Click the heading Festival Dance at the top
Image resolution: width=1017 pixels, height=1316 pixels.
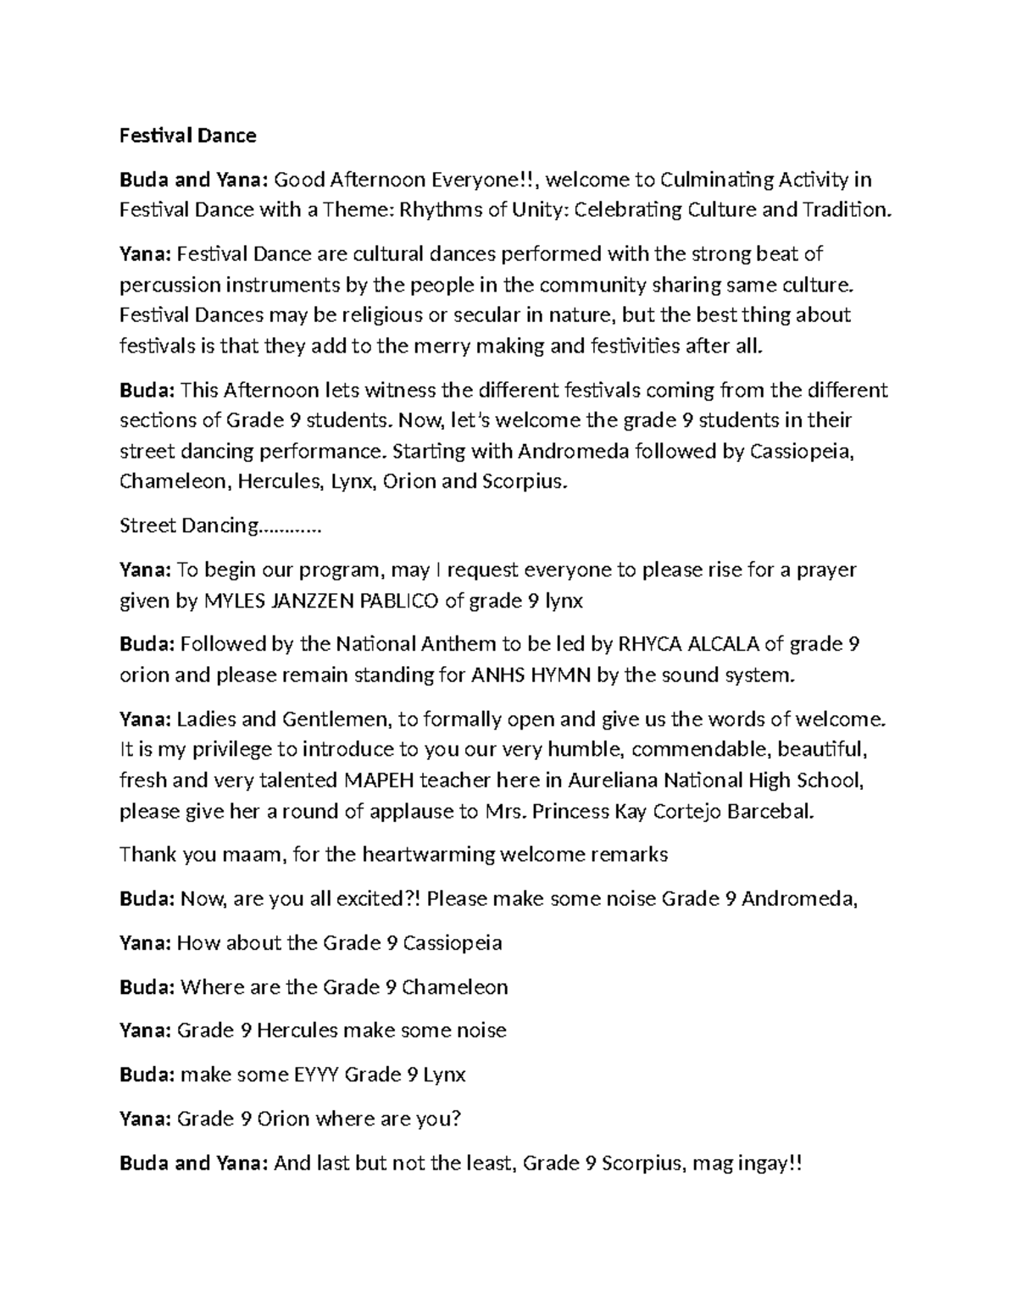tap(187, 136)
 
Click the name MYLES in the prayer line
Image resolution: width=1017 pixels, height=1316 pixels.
tap(234, 601)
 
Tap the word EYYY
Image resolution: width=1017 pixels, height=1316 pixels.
tap(315, 1074)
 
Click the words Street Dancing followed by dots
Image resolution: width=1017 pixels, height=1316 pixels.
tap(220, 526)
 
